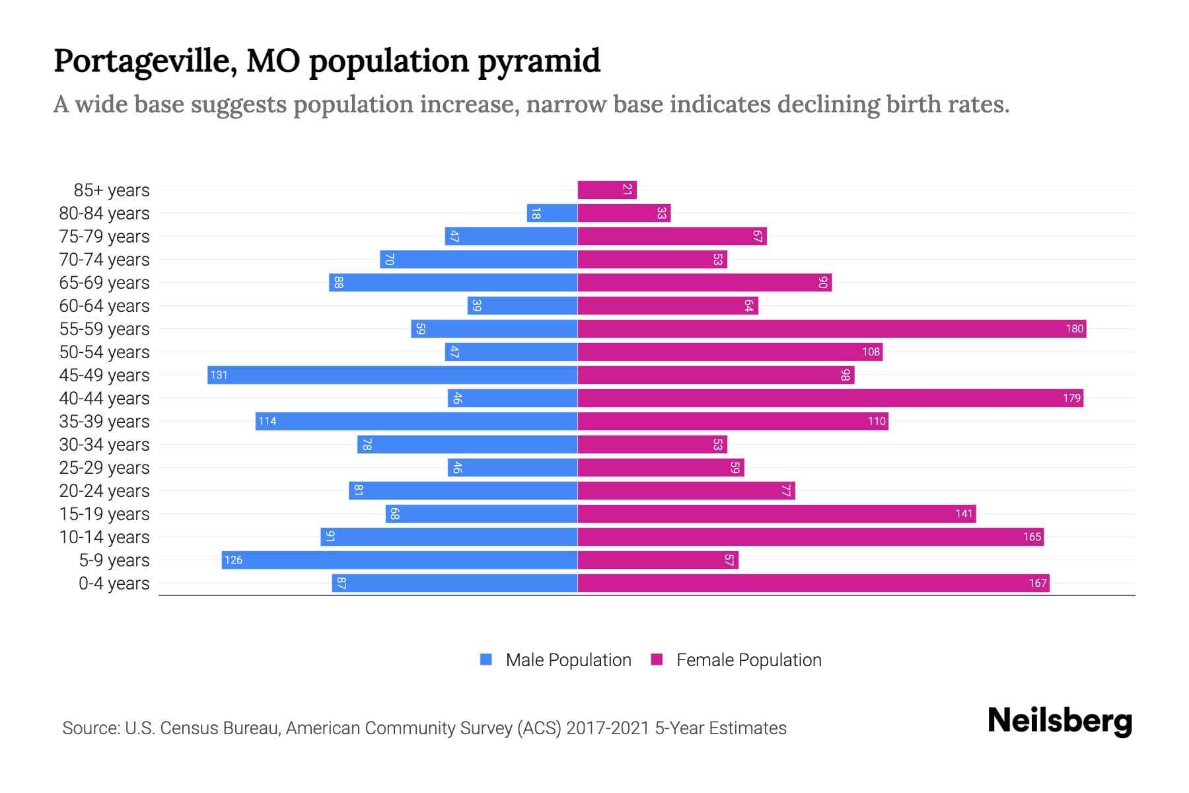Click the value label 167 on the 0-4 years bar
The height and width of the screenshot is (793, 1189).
pos(1037,583)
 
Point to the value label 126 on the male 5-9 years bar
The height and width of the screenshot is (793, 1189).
pos(233,560)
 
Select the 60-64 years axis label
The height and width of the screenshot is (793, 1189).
pos(104,305)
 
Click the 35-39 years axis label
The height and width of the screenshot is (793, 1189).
pos(104,421)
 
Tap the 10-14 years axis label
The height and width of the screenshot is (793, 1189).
pos(104,537)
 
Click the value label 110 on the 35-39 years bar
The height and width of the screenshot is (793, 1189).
pos(877,421)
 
